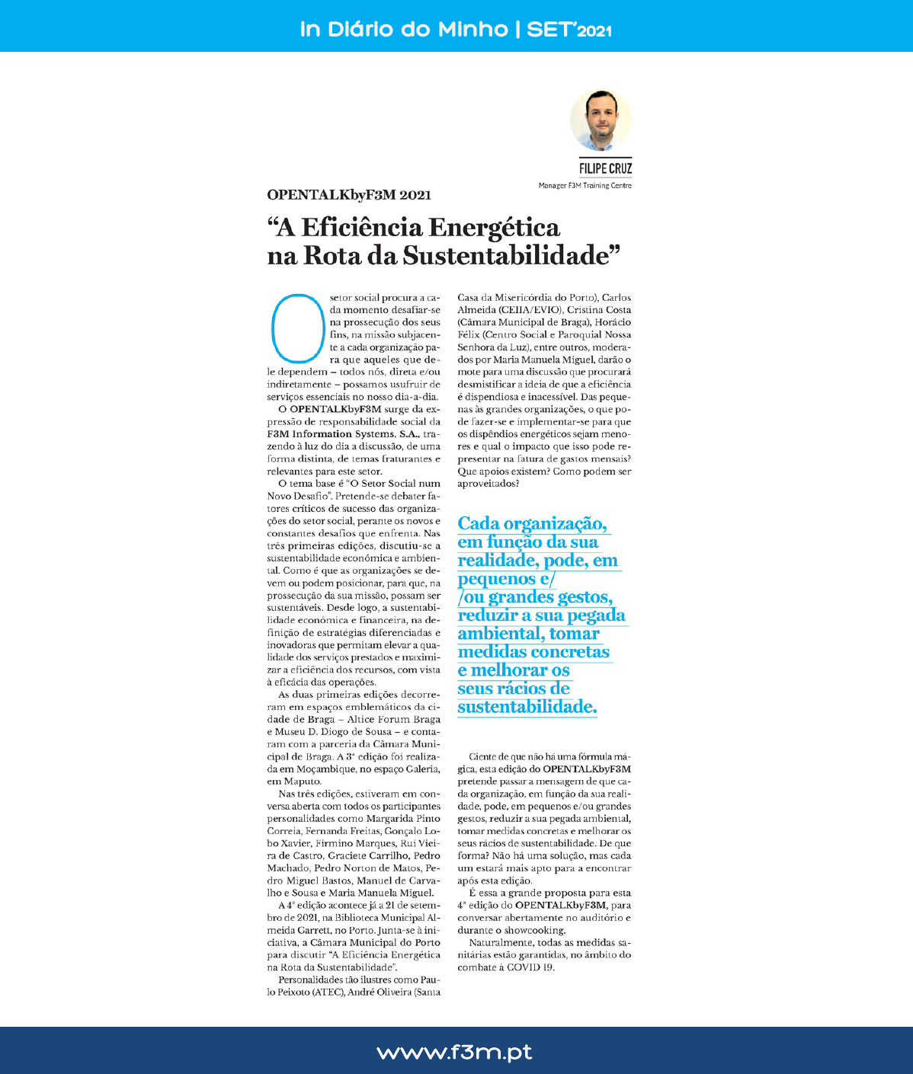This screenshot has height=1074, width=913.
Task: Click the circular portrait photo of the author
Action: [601, 120]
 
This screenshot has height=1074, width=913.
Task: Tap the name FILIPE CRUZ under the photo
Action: [605, 168]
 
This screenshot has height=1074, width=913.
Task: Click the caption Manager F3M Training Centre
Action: [585, 186]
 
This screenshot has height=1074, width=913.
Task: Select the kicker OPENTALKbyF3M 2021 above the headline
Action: [349, 195]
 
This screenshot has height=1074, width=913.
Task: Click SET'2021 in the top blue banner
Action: [569, 30]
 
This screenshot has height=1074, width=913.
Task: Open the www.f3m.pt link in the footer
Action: [455, 1052]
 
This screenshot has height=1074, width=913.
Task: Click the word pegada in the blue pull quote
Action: [588, 615]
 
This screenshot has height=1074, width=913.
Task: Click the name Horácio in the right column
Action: [612, 322]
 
